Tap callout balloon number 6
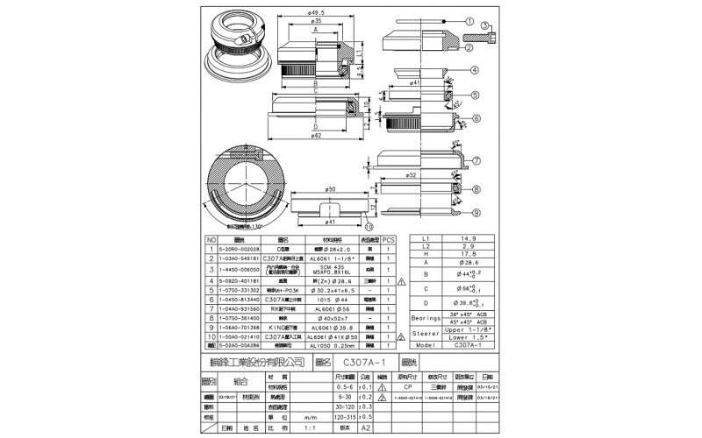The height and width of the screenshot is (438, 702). (x=474, y=118)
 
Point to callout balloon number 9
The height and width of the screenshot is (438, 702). (x=474, y=211)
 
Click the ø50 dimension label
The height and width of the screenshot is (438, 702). (x=331, y=188)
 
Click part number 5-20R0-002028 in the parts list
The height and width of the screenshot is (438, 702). (x=238, y=248)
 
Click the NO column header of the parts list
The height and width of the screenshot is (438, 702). (x=211, y=239)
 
